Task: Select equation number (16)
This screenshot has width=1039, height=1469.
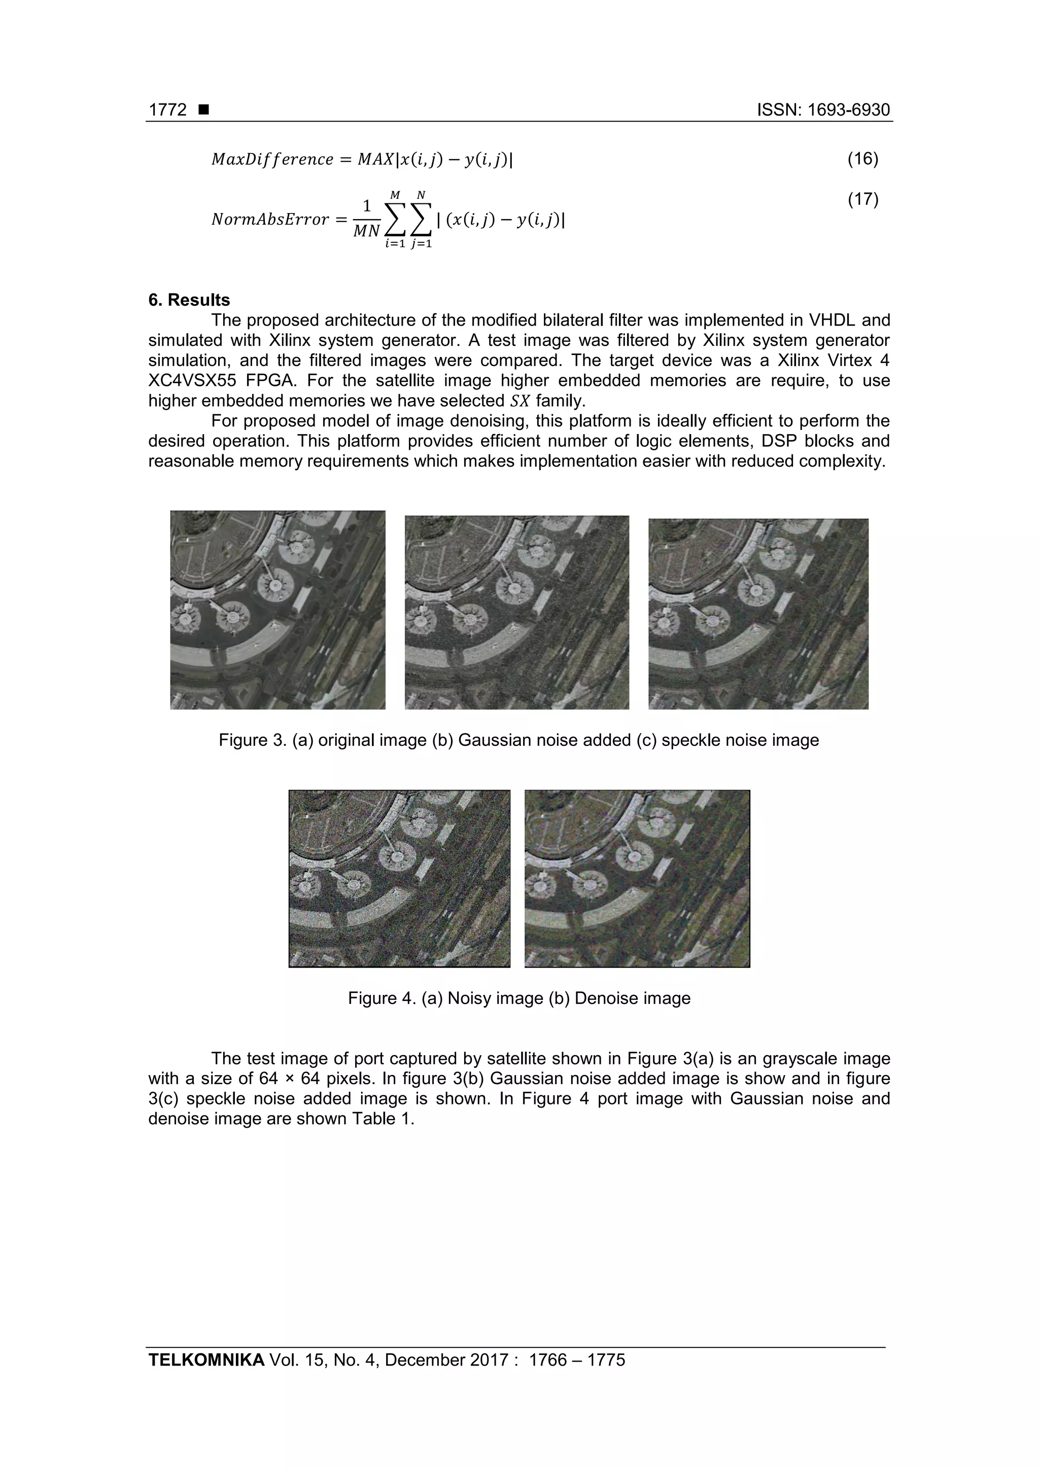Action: coord(862,159)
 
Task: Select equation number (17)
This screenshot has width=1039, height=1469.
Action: coord(862,200)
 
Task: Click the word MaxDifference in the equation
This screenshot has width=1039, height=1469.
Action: coord(272,159)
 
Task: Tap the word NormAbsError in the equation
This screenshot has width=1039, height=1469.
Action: coord(269,220)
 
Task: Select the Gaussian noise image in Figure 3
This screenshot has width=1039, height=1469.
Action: coord(516,613)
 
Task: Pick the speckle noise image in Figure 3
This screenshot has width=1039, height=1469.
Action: coord(758,614)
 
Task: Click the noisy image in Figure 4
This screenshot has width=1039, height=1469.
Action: coord(399,878)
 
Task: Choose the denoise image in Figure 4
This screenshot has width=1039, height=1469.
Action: coord(637,878)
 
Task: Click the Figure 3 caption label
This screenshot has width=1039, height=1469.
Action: coord(252,740)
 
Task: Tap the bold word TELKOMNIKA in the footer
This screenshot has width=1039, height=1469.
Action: coord(206,1359)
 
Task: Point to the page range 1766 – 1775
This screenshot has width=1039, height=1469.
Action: coord(577,1359)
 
